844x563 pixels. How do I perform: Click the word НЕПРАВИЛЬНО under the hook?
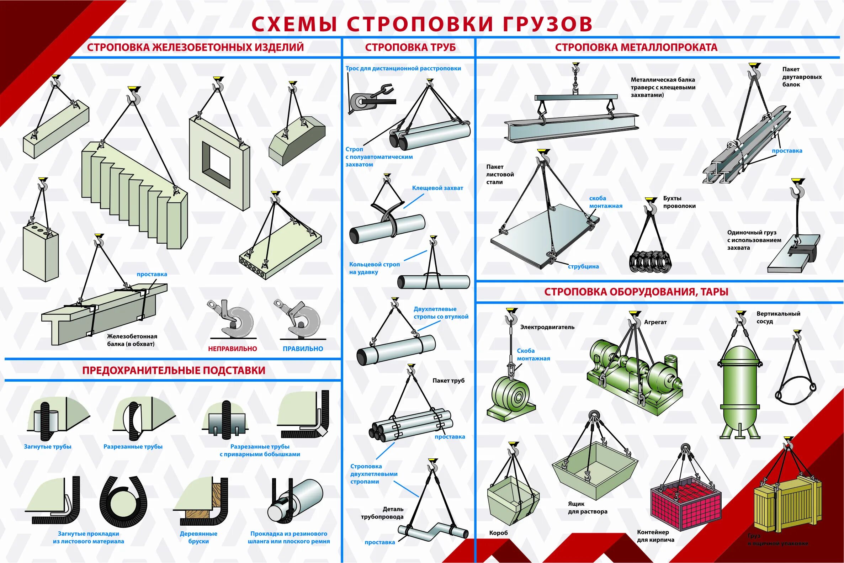tap(232, 349)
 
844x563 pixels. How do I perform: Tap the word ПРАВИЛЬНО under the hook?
tap(303, 349)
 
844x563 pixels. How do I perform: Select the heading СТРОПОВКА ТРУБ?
tap(410, 47)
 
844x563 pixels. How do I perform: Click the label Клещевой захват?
tap(437, 188)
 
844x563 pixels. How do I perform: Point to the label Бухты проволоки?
tap(679, 202)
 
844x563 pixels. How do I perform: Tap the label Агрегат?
tap(655, 322)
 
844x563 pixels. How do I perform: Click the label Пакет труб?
tap(448, 381)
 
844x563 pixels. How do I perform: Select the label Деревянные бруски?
tap(198, 537)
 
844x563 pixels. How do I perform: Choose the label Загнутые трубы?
tap(48, 447)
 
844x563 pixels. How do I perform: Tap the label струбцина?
tap(583, 266)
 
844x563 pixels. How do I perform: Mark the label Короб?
tap(498, 533)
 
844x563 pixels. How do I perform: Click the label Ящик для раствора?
tap(587, 508)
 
